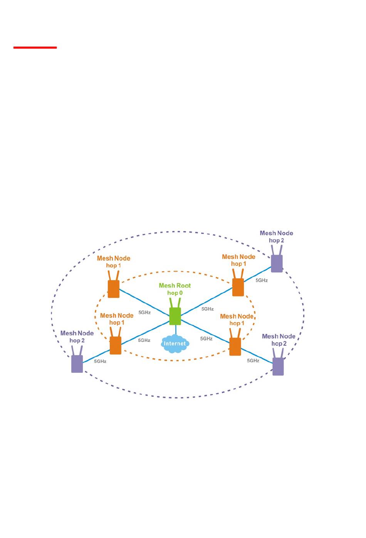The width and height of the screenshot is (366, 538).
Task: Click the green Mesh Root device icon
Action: tap(175, 316)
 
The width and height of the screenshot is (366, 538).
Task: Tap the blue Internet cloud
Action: tap(175, 344)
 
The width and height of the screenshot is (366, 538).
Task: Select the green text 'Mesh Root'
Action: tap(175, 285)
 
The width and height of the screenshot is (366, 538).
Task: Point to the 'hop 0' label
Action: tap(175, 293)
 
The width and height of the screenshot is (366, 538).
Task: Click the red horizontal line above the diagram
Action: tap(35, 47)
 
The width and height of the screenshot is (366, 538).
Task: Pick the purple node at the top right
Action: tap(277, 263)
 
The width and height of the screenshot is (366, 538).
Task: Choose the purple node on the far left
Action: tap(77, 364)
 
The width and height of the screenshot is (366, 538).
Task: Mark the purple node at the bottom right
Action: tap(278, 366)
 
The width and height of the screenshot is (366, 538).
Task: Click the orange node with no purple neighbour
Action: tap(113, 289)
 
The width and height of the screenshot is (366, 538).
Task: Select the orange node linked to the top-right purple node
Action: tap(238, 287)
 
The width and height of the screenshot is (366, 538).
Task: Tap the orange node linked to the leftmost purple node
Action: tap(116, 345)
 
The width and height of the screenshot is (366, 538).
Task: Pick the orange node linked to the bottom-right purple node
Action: tap(235, 347)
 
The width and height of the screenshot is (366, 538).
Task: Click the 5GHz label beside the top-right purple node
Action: tap(262, 280)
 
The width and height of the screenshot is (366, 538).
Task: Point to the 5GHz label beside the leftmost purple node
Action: tap(100, 362)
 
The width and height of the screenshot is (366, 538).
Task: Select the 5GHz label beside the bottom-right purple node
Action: tap(253, 361)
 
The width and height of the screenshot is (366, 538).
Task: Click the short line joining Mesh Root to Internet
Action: tap(176, 330)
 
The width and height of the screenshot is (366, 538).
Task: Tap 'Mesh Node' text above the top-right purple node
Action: tap(276, 233)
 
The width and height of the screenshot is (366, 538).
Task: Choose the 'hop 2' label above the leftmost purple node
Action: tap(77, 340)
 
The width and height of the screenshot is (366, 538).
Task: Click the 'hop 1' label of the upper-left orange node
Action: tap(113, 266)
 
